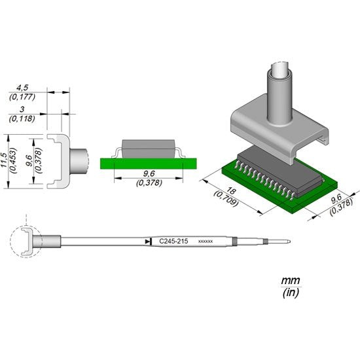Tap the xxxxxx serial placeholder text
click(x=205, y=242)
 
